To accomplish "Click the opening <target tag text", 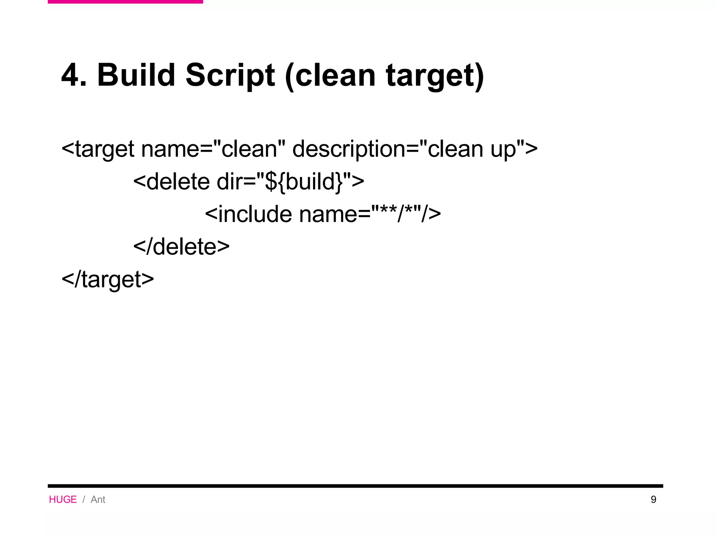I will click(98, 149).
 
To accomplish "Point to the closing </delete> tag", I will click(181, 247).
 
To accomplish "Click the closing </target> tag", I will click(108, 280).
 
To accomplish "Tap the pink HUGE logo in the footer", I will click(63, 499).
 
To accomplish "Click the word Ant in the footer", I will click(98, 499).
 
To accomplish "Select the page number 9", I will click(653, 499).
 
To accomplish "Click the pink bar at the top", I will click(125, 2).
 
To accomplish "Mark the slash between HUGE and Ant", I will click(84, 499).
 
